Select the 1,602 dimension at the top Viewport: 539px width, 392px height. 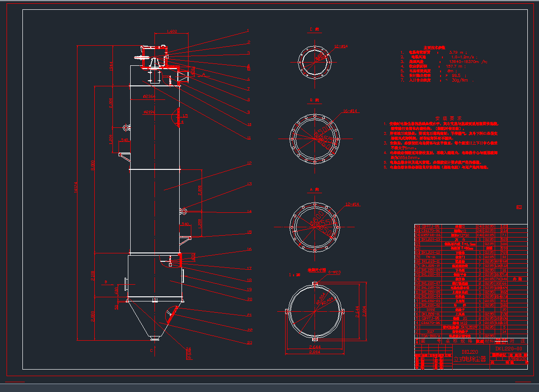[x=172, y=32]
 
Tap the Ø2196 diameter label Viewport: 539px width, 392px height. [x=149, y=112]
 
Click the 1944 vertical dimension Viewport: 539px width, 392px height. [x=111, y=66]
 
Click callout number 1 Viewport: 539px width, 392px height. [x=248, y=31]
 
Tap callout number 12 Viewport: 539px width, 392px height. [x=250, y=163]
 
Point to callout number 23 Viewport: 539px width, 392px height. [x=250, y=343]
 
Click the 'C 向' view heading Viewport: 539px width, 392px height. [x=314, y=29]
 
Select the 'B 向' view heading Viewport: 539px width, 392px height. [x=314, y=100]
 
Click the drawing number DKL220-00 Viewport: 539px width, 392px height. [x=509, y=349]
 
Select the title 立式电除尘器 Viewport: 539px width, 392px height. [x=469, y=359]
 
